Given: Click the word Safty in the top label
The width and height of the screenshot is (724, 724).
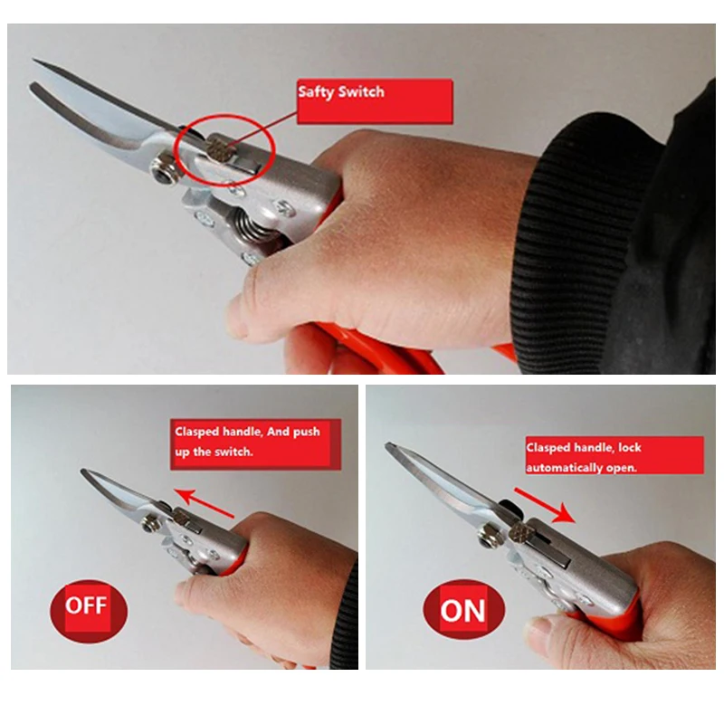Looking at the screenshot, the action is pyautogui.click(x=316, y=92).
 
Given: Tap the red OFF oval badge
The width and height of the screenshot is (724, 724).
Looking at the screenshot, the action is pyautogui.click(x=88, y=610).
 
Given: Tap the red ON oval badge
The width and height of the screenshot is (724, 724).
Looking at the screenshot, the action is pyautogui.click(x=463, y=609).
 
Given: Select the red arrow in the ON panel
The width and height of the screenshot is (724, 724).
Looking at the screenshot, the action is pyautogui.click(x=545, y=505).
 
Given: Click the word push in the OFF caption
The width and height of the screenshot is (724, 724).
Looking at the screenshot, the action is pyautogui.click(x=307, y=433).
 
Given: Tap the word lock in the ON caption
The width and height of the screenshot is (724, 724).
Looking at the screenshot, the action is pyautogui.click(x=630, y=447).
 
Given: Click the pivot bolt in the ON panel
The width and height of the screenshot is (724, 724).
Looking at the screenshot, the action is pyautogui.click(x=486, y=537).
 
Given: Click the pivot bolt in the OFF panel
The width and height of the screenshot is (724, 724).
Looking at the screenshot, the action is pyautogui.click(x=148, y=523).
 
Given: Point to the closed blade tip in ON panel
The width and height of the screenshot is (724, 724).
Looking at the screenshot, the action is pyautogui.click(x=389, y=446).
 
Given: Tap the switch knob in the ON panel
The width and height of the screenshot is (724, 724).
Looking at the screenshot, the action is pyautogui.click(x=521, y=532).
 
